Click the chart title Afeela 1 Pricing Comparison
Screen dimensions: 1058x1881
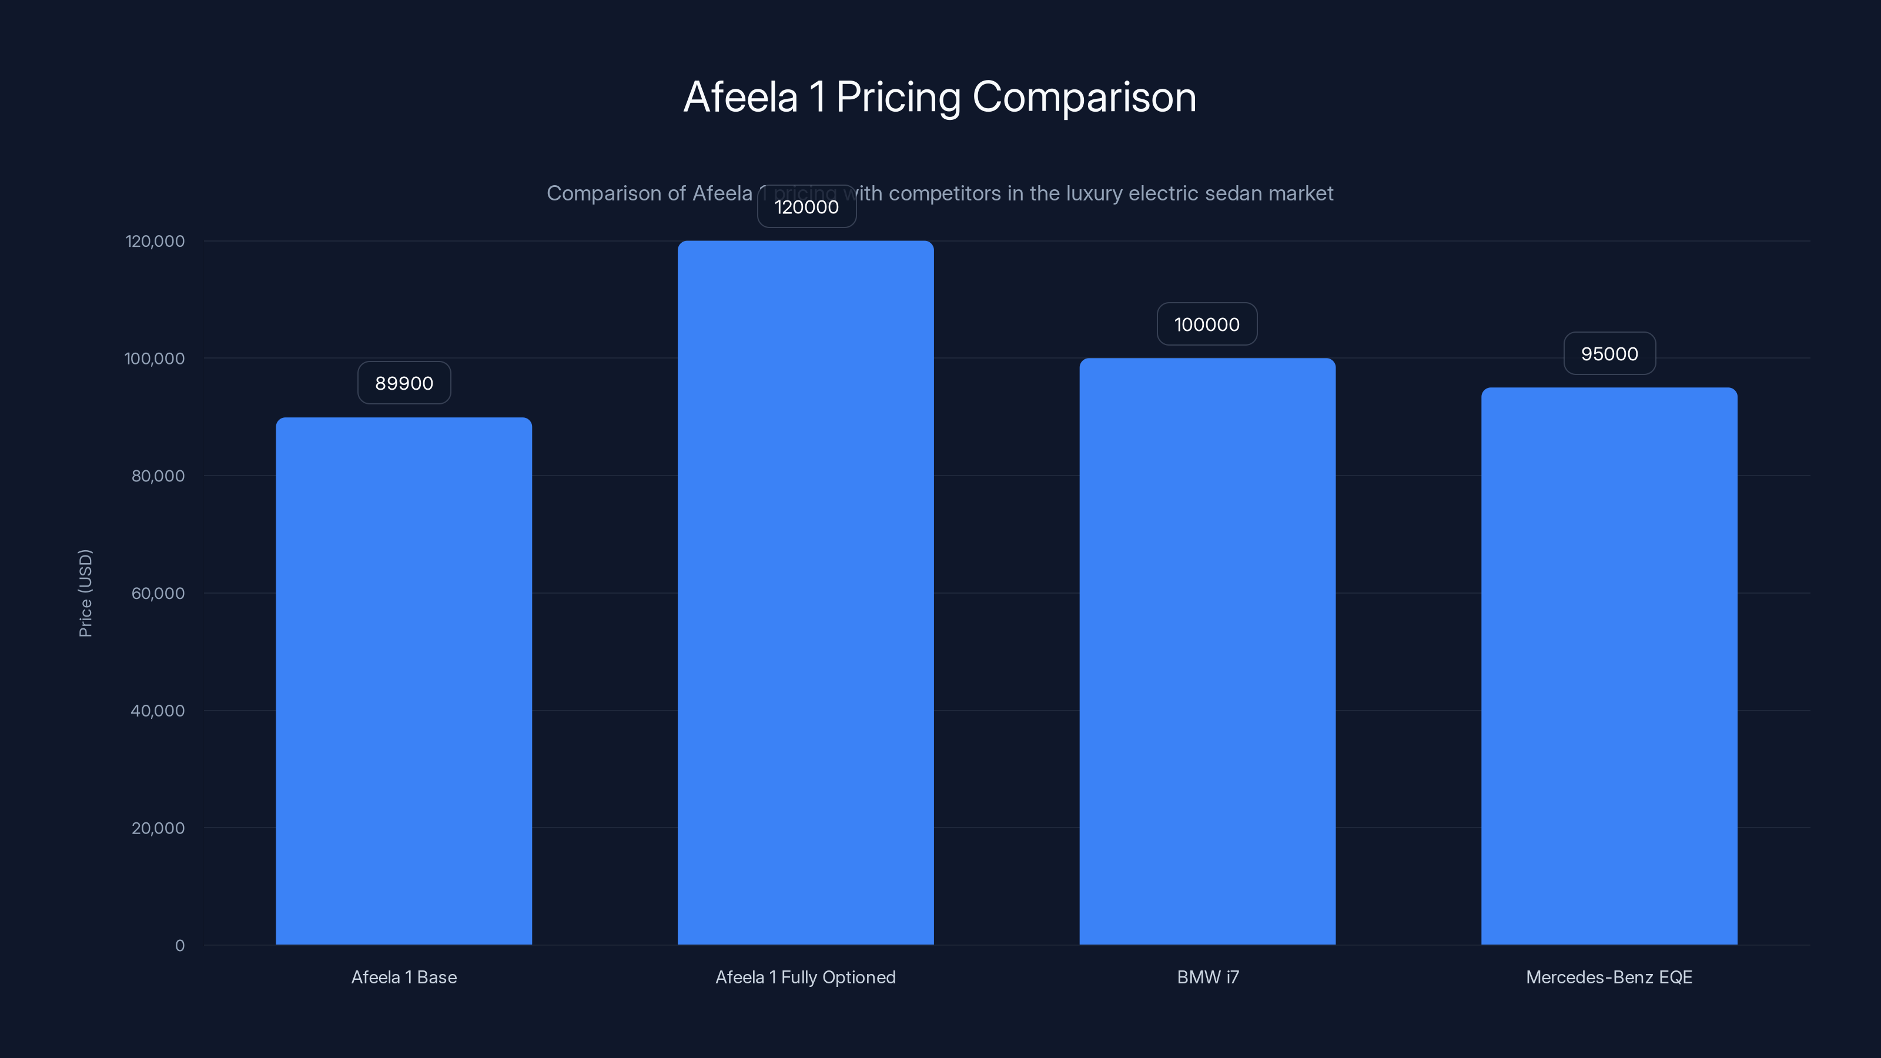940,97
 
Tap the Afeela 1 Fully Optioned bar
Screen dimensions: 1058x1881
805,592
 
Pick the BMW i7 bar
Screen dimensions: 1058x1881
1207,651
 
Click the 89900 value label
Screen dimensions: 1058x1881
404,383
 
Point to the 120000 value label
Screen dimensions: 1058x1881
806,207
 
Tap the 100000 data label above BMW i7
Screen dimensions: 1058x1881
1206,325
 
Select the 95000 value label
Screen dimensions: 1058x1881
1609,354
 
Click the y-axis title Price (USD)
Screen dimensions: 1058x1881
85,593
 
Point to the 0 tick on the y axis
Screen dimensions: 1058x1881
180,946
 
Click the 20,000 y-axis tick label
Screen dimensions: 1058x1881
158,828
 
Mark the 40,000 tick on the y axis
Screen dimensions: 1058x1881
158,711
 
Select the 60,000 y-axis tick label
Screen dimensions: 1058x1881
158,593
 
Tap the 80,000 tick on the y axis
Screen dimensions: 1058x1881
158,476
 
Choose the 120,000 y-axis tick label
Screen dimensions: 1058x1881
155,241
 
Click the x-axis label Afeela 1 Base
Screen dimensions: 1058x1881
404,977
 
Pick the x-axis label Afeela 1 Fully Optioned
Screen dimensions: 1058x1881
805,977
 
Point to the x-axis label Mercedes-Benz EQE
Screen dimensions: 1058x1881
1609,977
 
